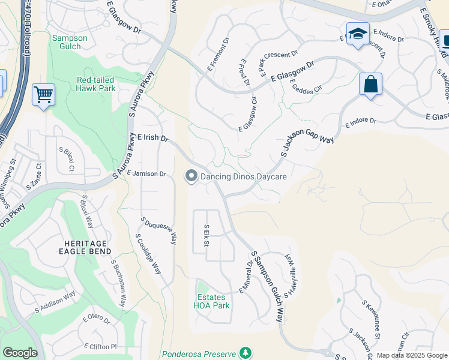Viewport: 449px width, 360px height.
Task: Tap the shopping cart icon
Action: click(43, 94)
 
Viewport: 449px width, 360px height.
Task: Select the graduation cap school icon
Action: click(358, 34)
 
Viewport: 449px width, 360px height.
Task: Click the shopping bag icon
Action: click(371, 85)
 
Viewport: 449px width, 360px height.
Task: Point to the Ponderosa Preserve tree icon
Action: click(245, 352)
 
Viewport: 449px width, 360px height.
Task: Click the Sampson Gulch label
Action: click(70, 42)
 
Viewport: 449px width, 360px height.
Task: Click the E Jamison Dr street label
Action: click(146, 173)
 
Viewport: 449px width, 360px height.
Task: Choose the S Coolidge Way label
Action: click(148, 254)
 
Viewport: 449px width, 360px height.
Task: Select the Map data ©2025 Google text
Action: click(412, 355)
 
